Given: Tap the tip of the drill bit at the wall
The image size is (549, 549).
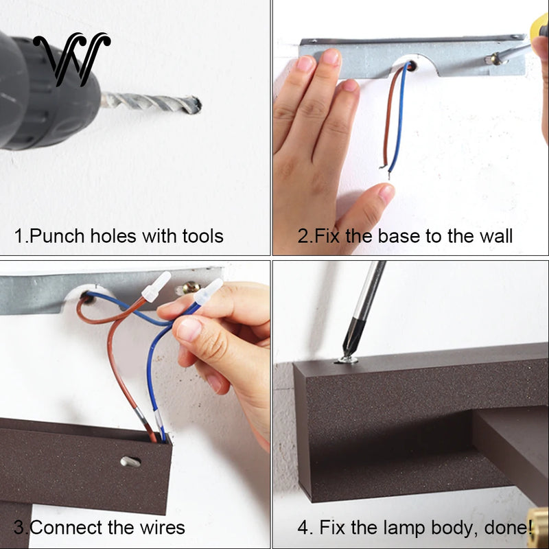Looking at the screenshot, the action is [199, 105].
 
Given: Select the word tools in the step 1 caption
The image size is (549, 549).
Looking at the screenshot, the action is [202, 236].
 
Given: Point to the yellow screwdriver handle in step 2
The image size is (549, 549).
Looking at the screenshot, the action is [539, 25].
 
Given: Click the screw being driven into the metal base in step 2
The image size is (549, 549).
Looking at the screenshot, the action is [494, 59].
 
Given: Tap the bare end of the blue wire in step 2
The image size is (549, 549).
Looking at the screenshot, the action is [389, 174].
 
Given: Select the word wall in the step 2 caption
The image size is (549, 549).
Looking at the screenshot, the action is [496, 236].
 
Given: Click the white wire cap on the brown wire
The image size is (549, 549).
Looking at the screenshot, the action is [156, 287].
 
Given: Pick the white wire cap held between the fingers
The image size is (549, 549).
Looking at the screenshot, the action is [209, 292].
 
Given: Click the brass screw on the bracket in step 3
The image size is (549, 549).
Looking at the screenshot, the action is [191, 288].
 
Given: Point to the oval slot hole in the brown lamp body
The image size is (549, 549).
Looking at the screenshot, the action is [130, 462].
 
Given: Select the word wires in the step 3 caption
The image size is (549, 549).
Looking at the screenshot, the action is [162, 528].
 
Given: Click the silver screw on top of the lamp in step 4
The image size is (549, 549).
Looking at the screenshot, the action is [348, 360].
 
